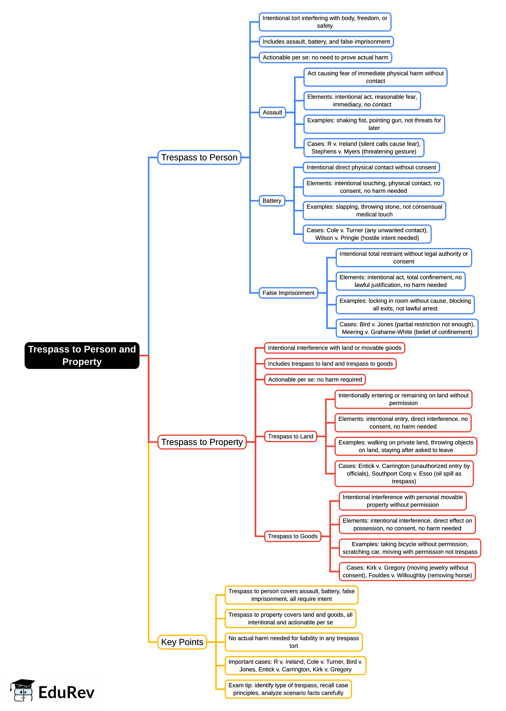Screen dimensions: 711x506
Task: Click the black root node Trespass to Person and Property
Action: [x=82, y=355]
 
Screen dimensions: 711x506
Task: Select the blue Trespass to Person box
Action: [x=199, y=157]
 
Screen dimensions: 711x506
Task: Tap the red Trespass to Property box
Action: [x=202, y=442]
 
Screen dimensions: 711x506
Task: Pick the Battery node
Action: [x=272, y=201]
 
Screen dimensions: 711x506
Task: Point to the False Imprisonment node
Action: [x=288, y=293]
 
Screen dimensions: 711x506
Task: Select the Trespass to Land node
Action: [x=290, y=436]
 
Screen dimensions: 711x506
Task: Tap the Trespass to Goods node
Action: [x=293, y=536]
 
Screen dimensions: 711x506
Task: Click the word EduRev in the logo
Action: [x=66, y=693]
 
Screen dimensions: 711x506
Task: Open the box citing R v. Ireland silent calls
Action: [x=364, y=148]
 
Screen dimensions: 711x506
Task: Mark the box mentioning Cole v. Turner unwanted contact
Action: [x=367, y=234]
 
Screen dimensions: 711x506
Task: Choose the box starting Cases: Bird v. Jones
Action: [x=407, y=328]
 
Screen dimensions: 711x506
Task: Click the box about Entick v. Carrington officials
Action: [x=404, y=474]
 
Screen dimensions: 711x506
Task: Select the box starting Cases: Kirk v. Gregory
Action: [x=407, y=571]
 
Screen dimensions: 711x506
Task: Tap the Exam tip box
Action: [x=288, y=689]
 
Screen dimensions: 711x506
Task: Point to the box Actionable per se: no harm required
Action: [x=315, y=379]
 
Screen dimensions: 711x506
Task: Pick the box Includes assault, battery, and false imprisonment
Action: [x=326, y=42]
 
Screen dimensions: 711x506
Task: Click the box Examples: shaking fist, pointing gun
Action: [x=374, y=124]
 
